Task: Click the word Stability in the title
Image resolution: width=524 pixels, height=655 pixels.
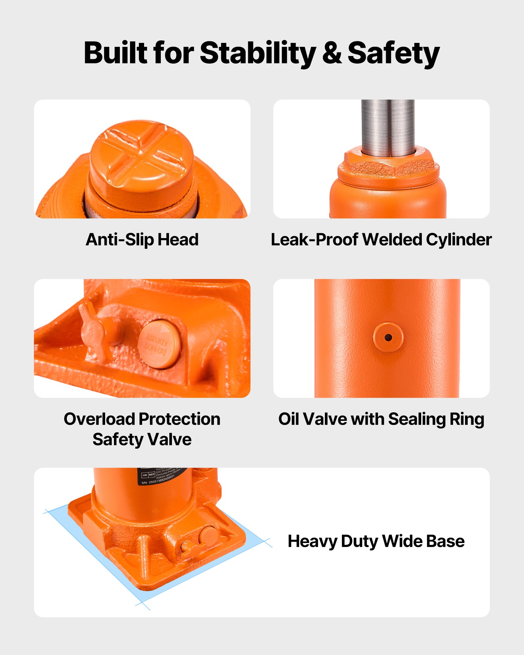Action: [258, 53]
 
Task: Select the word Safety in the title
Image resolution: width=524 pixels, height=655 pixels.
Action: [393, 53]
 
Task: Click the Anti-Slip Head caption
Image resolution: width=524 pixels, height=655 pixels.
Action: [142, 239]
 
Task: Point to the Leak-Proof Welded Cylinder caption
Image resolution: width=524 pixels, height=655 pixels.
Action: [381, 239]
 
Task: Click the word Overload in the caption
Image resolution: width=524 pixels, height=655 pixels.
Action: [99, 419]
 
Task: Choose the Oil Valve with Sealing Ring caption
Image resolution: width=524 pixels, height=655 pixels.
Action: [381, 419]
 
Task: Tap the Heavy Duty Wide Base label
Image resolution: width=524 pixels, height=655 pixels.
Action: [376, 541]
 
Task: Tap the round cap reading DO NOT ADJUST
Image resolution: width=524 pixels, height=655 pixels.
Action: [159, 344]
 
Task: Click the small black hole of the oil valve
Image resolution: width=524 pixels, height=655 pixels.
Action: [388, 337]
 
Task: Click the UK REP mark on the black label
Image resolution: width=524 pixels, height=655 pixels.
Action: [148, 475]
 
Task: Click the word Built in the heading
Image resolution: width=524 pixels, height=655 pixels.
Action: [116, 53]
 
